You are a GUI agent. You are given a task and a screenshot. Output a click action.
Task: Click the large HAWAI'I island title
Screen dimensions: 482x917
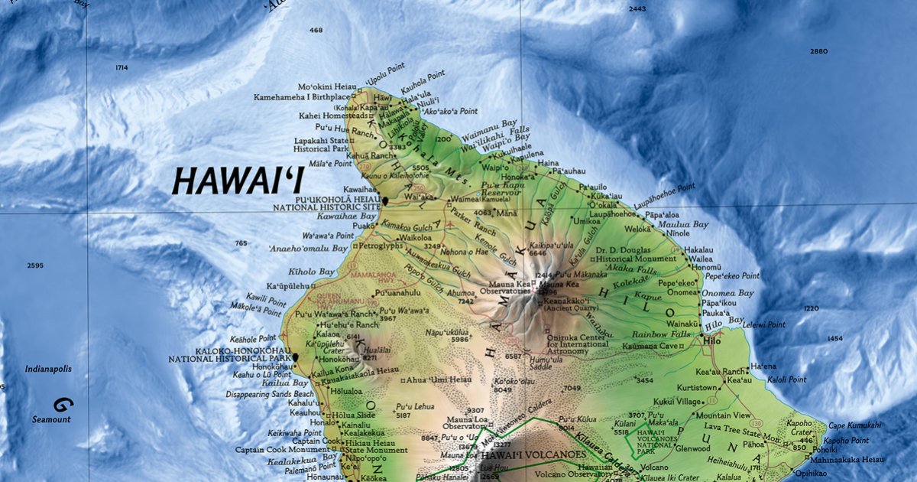[x=238, y=181]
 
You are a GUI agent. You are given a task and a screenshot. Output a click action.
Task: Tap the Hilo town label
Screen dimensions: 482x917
[x=713, y=340]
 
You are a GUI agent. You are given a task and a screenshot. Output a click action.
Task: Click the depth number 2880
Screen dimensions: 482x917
[x=818, y=51]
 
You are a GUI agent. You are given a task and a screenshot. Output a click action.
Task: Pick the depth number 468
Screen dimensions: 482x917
[x=316, y=31]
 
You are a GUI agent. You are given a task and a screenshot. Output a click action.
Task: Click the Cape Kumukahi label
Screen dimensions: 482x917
[x=854, y=425]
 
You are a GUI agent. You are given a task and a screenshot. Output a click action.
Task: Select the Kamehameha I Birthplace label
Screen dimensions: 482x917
[x=302, y=97]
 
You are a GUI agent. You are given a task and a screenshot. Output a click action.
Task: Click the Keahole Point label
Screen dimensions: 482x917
[x=256, y=338]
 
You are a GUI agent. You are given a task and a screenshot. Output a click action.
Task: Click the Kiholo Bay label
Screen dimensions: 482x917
[x=311, y=272]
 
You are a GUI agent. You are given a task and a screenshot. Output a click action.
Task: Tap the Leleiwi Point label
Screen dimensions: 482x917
[x=763, y=324]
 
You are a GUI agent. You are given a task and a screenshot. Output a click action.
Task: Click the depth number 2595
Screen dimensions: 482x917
[x=35, y=265]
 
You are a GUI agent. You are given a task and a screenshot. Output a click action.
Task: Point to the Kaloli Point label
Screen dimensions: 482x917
[x=787, y=379]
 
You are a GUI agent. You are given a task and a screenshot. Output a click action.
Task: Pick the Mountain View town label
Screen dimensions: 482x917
[x=717, y=415]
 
